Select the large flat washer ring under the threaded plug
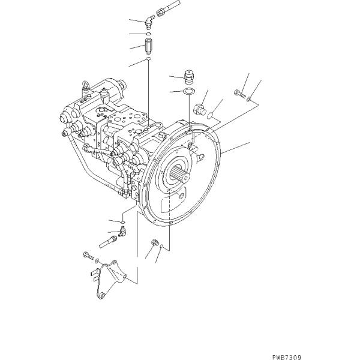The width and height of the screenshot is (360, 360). click(188, 91)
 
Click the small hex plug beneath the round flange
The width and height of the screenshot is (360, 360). click(154, 242)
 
